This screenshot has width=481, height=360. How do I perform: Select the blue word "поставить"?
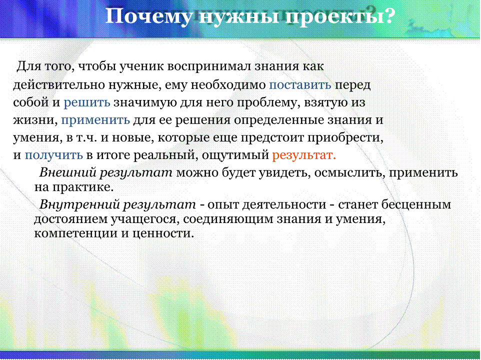tap(300, 84)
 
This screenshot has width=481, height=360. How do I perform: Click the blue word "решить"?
tap(87, 102)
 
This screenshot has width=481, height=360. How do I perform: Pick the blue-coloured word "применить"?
tap(95, 120)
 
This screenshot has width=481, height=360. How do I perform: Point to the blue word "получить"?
tap(53, 155)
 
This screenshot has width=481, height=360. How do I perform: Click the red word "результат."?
tap(304, 155)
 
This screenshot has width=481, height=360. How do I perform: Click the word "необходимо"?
tap(228, 84)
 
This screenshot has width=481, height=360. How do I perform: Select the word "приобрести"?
tap(345, 137)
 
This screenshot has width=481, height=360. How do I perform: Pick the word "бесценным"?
tap(416, 204)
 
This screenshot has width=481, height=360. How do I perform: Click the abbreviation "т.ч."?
tap(86, 138)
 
